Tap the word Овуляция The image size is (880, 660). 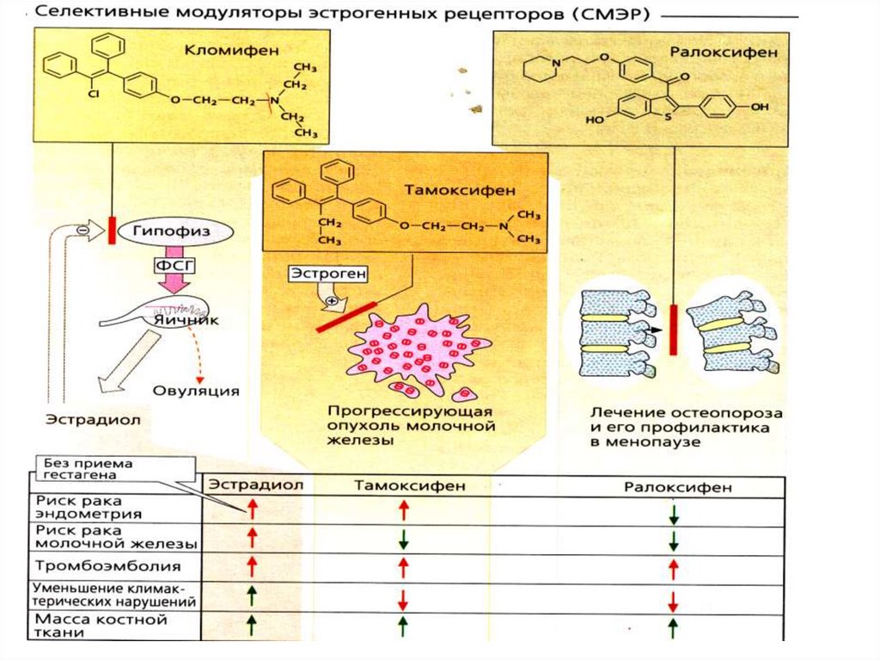[196, 390]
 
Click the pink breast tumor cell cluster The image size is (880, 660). [418, 349]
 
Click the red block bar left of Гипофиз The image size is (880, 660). [112, 231]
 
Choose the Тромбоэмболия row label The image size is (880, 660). [108, 566]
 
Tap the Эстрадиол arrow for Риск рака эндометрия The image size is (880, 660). [253, 509]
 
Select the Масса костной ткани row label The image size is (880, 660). [101, 626]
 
